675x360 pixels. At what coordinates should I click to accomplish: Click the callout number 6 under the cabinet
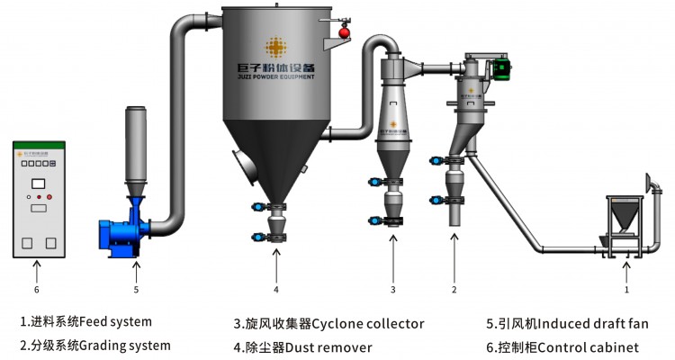36,290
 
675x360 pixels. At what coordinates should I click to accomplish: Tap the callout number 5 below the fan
136,290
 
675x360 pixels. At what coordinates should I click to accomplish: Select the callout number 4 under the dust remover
276,290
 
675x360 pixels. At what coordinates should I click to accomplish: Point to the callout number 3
393,290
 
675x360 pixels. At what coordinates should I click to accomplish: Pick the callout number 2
454,290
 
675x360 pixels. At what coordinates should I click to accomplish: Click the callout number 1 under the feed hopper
626,290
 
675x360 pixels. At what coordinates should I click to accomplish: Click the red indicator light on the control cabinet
49,195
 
